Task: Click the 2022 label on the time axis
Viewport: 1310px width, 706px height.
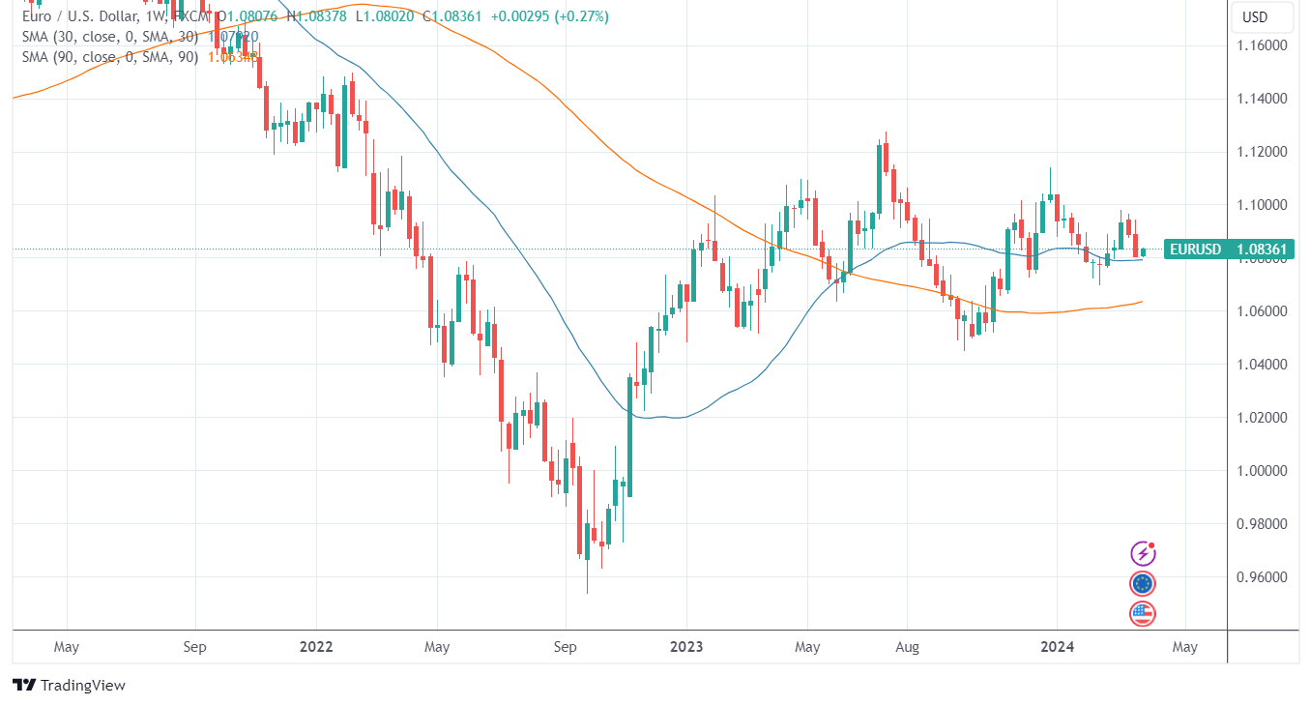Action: tap(316, 646)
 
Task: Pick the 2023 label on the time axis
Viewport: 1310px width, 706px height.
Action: tap(686, 646)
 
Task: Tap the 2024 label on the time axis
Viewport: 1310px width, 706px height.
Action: tap(1057, 646)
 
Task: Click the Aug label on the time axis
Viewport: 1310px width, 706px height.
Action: tap(906, 646)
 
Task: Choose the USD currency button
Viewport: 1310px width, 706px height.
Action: tap(1254, 17)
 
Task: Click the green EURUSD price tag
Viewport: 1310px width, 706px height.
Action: tap(1229, 250)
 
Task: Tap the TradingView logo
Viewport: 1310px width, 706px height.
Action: tap(70, 685)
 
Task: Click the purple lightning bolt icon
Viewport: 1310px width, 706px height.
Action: tap(1143, 553)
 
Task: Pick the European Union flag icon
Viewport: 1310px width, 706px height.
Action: tap(1143, 583)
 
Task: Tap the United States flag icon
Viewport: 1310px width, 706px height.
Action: tap(1143, 613)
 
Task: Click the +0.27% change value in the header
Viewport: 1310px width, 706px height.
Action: tap(581, 16)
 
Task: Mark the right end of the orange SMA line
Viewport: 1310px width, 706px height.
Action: tap(1143, 302)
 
